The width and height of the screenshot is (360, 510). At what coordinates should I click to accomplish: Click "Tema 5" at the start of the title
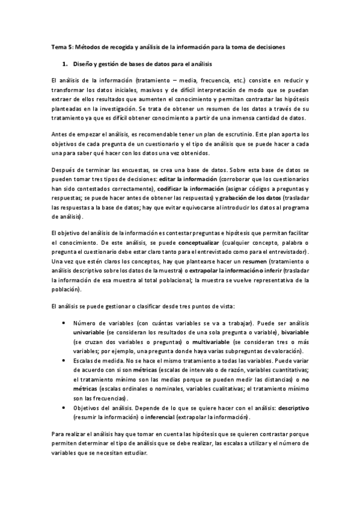[x=59, y=46]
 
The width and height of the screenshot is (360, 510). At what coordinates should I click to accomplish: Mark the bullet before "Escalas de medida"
[x=64, y=360]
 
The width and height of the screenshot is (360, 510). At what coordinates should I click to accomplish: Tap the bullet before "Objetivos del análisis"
[x=64, y=407]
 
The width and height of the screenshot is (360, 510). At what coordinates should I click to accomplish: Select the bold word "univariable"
[x=91, y=332]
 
